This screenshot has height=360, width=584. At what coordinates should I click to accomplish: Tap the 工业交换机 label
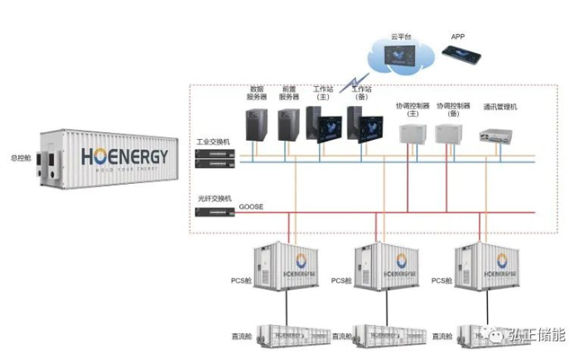pyautogui.click(x=214, y=142)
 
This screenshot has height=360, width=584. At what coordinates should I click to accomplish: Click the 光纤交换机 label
pyautogui.click(x=214, y=198)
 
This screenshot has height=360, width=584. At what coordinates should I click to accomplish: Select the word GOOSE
pyautogui.click(x=251, y=207)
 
